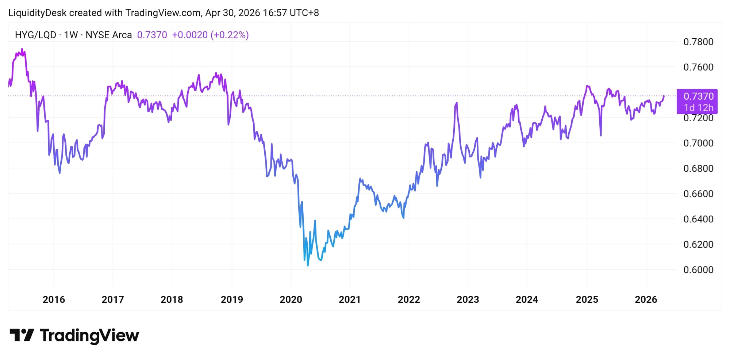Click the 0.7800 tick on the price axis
tap(698, 42)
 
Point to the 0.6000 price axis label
tap(698, 270)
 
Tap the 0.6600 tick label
tap(698, 194)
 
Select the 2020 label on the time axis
tap(291, 300)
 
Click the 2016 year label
tap(54, 300)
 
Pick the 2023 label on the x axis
tap(468, 300)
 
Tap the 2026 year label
tap(646, 300)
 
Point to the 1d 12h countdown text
tap(699, 108)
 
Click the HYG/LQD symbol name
tap(35, 35)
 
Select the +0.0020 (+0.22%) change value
tap(210, 35)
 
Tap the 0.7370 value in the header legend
tap(152, 35)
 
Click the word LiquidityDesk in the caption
tap(37, 13)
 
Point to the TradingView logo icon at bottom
tap(22, 335)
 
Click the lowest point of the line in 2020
tap(308, 265)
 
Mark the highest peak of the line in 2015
tap(22, 49)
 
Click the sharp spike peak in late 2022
tap(457, 103)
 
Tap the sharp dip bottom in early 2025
tap(601, 135)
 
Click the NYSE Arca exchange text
tap(108, 35)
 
